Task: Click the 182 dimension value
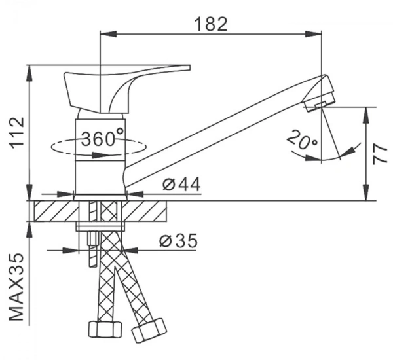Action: click(x=211, y=24)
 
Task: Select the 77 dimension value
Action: click(x=381, y=154)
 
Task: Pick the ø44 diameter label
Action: click(x=181, y=184)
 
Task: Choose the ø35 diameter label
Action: click(x=178, y=240)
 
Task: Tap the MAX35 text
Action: click(x=16, y=287)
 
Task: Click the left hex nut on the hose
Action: click(x=105, y=329)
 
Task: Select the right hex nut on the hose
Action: click(x=149, y=330)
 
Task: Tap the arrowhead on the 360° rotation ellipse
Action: click(x=101, y=155)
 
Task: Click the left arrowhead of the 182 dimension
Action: click(x=108, y=34)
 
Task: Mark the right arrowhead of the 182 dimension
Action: click(x=313, y=34)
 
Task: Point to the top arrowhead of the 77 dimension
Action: click(x=366, y=115)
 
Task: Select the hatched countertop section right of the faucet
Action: click(x=144, y=211)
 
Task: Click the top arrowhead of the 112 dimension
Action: click(x=29, y=73)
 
